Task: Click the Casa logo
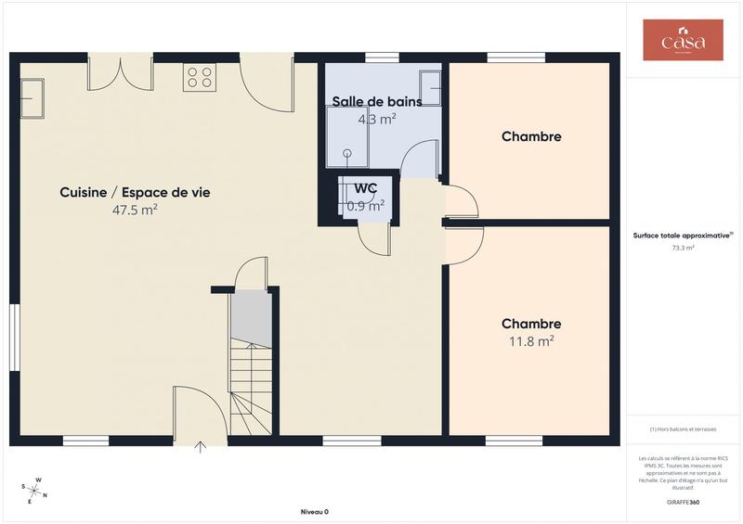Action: coord(683,41)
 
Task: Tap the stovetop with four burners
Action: coord(200,76)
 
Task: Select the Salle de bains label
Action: coord(377,102)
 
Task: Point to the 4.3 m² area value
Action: coord(377,119)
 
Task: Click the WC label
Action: coord(366,188)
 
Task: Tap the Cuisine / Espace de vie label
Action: coord(135,193)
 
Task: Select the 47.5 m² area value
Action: coord(135,211)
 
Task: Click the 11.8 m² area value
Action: coord(531,340)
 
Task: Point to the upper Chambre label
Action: coord(531,137)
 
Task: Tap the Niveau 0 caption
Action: coord(315,512)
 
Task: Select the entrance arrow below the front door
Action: coord(201,448)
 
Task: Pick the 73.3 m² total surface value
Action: coord(684,249)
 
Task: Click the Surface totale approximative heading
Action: coord(684,236)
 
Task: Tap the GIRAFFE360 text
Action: coord(684,501)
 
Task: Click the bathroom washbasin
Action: coord(430,87)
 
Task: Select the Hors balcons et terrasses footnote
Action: coord(684,429)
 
